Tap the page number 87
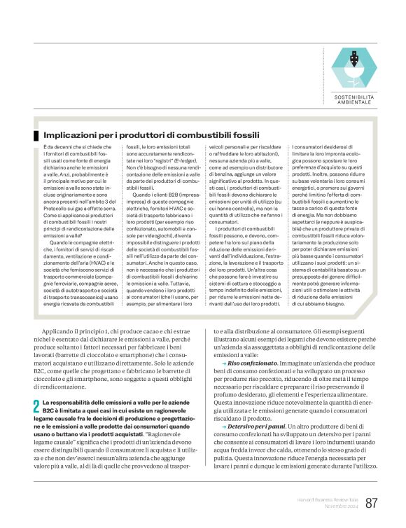pos(371,503)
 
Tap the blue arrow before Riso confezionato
pos(223,365)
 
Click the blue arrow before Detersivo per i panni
pos(223,426)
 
